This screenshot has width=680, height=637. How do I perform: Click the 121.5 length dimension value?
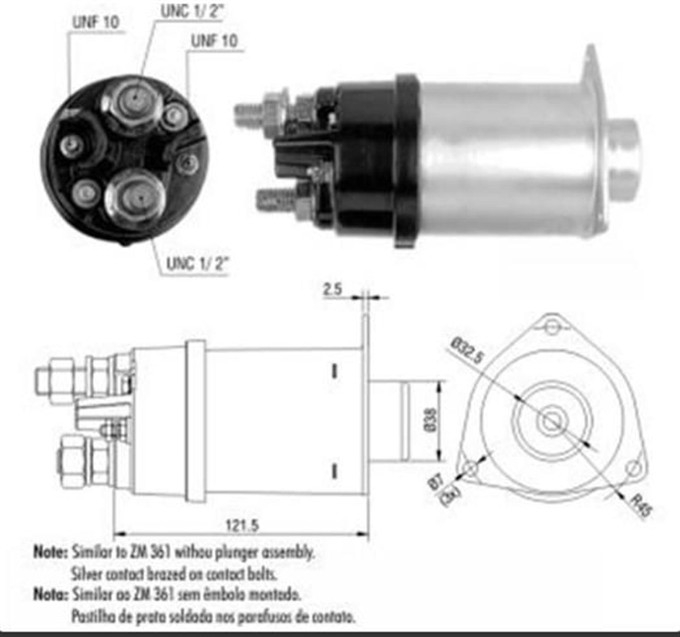tap(242, 525)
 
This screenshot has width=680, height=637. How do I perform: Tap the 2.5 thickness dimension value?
tap(333, 289)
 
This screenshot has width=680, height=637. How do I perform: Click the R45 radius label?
tap(641, 506)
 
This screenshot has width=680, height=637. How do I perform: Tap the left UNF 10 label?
tap(95, 22)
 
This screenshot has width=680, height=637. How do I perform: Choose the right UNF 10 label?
tap(214, 41)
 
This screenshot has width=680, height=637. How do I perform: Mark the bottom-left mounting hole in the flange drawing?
tap(471, 468)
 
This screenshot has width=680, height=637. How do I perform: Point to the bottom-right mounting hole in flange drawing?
tap(633, 468)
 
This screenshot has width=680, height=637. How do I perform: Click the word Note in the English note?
tap(50, 551)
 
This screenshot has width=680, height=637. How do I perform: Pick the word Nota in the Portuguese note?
tap(50, 594)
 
